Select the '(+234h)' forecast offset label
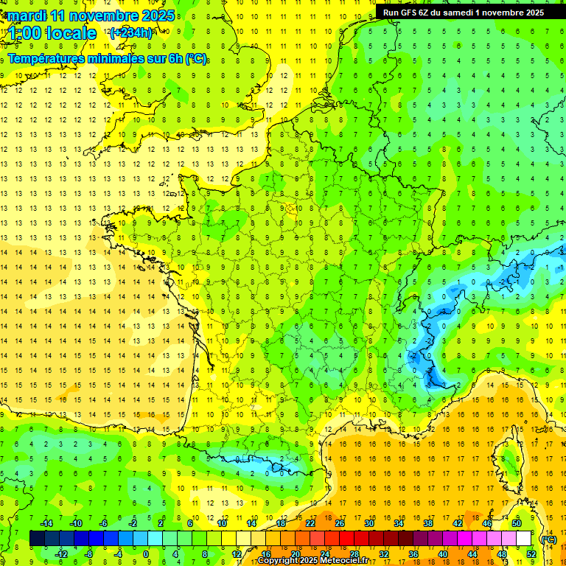pos(130,32)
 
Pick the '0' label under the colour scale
pos(146,554)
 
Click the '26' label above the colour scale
pos(340,523)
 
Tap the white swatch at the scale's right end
pos(524,539)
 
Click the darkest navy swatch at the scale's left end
pos(37,539)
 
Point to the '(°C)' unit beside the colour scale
pos(549,539)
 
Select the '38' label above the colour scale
pos(428,523)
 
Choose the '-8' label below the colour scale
pos(88,554)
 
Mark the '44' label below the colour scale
pos(472,554)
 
